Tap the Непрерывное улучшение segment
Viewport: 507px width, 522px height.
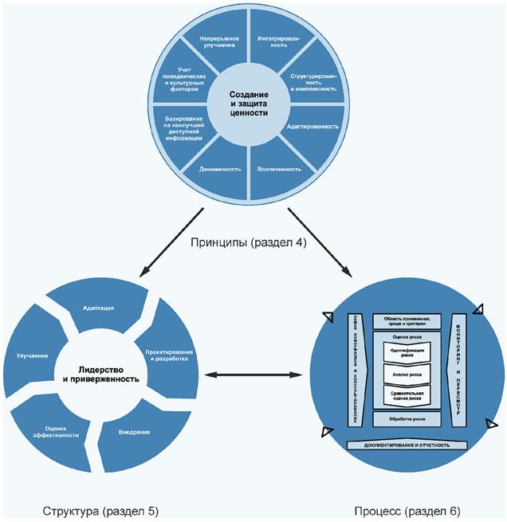[x=213, y=42]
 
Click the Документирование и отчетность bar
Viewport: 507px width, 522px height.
[x=408, y=445]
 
